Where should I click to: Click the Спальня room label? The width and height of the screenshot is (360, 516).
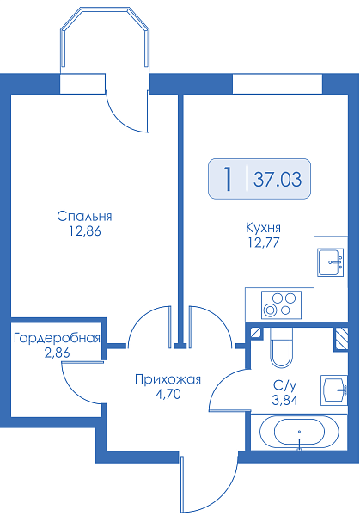pyautogui.click(x=84, y=217)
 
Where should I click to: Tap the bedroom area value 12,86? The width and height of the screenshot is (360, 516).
pyautogui.click(x=84, y=231)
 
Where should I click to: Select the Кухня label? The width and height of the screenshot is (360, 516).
pyautogui.click(x=264, y=228)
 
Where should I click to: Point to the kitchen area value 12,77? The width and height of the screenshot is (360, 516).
pyautogui.click(x=264, y=243)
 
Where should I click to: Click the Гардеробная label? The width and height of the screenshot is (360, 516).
pyautogui.click(x=57, y=338)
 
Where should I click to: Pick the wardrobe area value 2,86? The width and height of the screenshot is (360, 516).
pyautogui.click(x=57, y=353)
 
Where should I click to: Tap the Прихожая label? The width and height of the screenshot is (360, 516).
pyautogui.click(x=168, y=380)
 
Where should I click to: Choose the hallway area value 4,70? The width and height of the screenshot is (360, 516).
pyautogui.click(x=168, y=394)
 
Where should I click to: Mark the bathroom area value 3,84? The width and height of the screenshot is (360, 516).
pyautogui.click(x=284, y=400)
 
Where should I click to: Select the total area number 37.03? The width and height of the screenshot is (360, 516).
pyautogui.click(x=278, y=180)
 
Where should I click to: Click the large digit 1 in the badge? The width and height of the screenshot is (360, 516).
pyautogui.click(x=228, y=179)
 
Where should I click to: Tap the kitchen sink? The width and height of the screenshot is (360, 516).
pyautogui.click(x=331, y=262)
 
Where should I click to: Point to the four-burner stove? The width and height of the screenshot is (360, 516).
pyautogui.click(x=281, y=305)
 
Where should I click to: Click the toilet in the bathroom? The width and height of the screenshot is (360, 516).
pyautogui.click(x=281, y=347)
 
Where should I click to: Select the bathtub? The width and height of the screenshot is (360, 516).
pyautogui.click(x=299, y=432)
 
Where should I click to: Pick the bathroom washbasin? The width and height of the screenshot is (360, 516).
pyautogui.click(x=334, y=390)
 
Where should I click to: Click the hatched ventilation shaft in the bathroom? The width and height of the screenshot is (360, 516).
pyautogui.click(x=341, y=338)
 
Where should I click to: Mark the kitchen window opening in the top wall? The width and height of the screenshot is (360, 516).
pyautogui.click(x=278, y=84)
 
